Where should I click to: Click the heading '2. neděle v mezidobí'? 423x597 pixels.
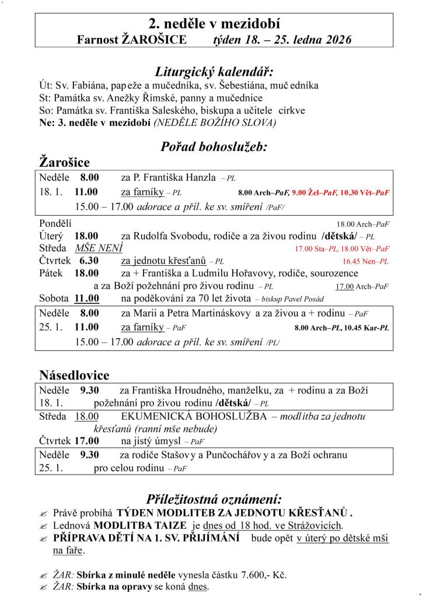click(x=214, y=24)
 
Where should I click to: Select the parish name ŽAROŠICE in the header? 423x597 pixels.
click(x=155, y=40)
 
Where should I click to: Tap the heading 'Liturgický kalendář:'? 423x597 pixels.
click(x=214, y=72)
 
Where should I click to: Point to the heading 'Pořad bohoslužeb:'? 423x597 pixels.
click(x=214, y=147)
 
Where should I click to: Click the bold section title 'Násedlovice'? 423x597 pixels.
click(x=74, y=374)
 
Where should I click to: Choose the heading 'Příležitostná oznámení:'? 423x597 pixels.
click(x=214, y=499)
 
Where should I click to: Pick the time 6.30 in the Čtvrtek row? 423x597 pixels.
click(x=86, y=261)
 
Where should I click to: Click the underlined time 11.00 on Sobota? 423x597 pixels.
click(x=86, y=298)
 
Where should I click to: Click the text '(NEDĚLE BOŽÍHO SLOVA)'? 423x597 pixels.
click(x=215, y=122)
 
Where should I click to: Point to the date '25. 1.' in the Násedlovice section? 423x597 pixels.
click(x=51, y=468)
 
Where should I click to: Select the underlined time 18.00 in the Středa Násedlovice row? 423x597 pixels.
click(x=86, y=416)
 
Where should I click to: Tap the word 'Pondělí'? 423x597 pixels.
click(x=56, y=223)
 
